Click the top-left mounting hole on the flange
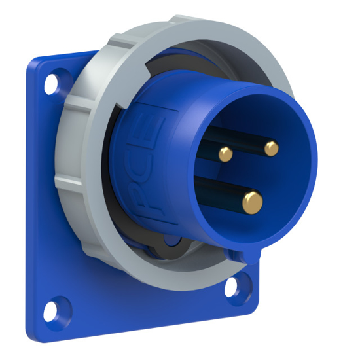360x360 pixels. (x=52, y=83)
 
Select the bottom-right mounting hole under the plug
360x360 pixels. (x=234, y=286)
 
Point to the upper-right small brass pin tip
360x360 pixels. (x=271, y=149)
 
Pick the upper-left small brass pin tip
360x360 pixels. (x=225, y=154)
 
